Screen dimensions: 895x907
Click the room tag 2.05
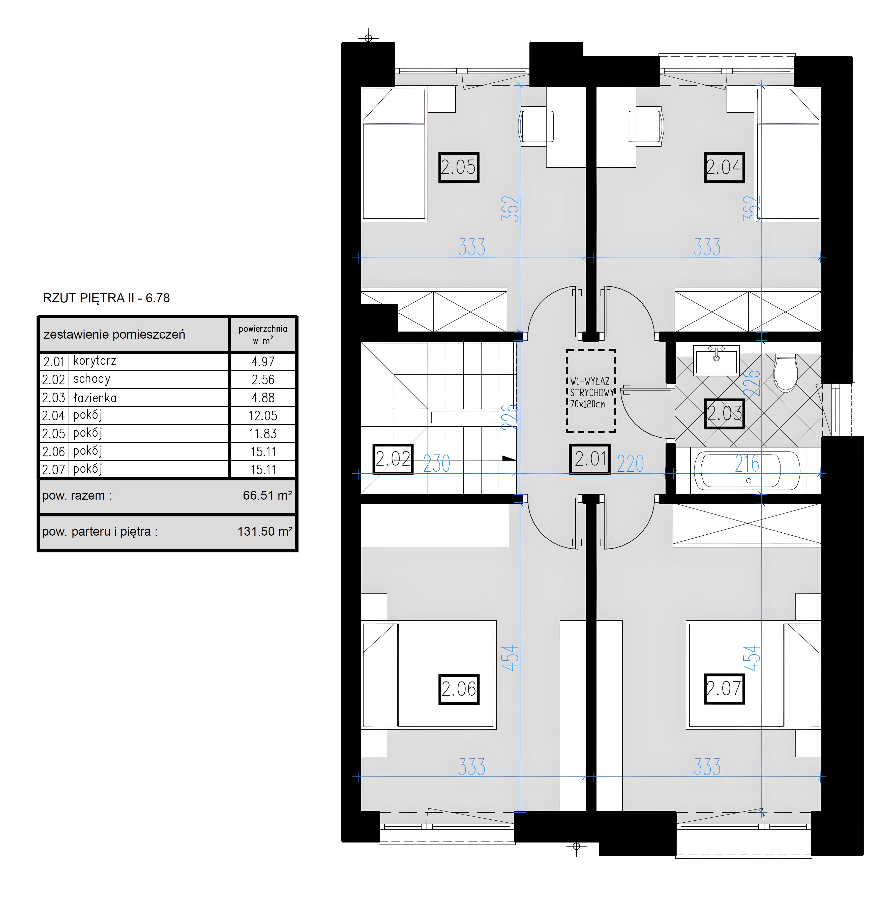459,167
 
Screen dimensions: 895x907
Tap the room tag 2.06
459,689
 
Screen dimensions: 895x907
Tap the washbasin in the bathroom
716,360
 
